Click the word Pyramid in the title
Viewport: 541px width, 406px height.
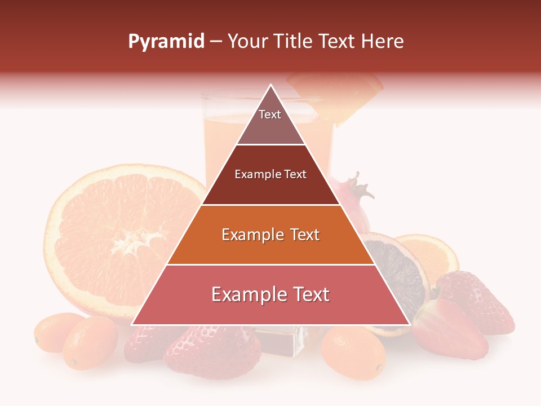point(166,42)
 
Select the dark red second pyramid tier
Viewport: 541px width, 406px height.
point(270,175)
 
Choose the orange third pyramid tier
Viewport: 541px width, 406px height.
point(270,235)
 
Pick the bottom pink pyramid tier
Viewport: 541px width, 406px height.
point(270,295)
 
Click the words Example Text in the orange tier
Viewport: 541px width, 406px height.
point(270,235)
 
